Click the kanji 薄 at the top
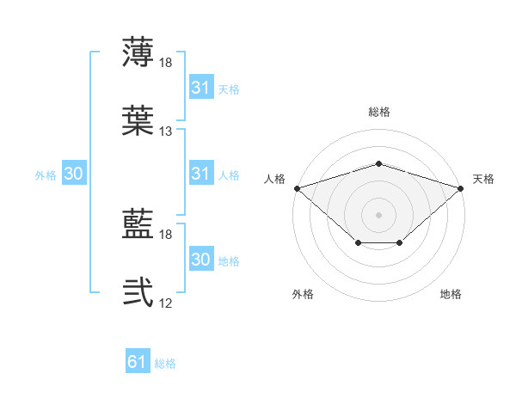(x=138, y=52)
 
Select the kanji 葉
(x=138, y=120)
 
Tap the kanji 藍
(x=138, y=223)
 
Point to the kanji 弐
(x=138, y=292)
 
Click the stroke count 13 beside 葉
(x=165, y=132)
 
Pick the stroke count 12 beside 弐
(x=165, y=303)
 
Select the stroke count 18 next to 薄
(x=165, y=63)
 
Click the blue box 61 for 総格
(x=138, y=360)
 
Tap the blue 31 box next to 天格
(x=202, y=86)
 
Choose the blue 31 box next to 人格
(x=202, y=173)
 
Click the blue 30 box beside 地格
(x=202, y=258)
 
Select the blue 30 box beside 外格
(x=74, y=173)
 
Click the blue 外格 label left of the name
(x=46, y=175)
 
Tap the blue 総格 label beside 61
(x=165, y=364)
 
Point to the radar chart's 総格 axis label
(x=379, y=112)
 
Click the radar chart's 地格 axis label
(x=451, y=294)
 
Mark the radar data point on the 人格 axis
(x=298, y=188)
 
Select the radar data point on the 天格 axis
(x=461, y=188)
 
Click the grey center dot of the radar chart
(x=378, y=215)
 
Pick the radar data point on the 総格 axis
(x=379, y=163)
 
